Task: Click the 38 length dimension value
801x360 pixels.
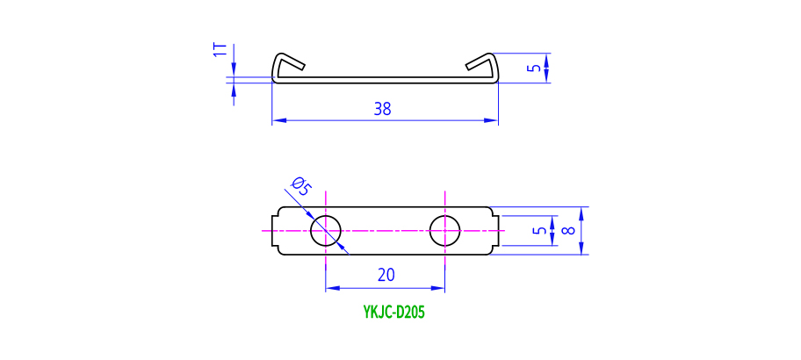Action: click(382, 110)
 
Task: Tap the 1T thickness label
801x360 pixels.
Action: click(219, 49)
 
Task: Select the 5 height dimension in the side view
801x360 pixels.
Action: click(532, 68)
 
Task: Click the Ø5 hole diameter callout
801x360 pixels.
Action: click(299, 187)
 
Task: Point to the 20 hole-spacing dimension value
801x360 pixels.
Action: click(386, 275)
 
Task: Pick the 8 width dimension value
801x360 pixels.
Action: click(570, 231)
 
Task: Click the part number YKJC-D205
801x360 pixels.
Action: click(394, 312)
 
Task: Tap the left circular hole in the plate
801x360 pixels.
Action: click(326, 231)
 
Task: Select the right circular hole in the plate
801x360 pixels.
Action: click(444, 231)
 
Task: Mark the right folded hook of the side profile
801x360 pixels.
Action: click(483, 65)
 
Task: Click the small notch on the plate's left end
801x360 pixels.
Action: click(273, 231)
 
